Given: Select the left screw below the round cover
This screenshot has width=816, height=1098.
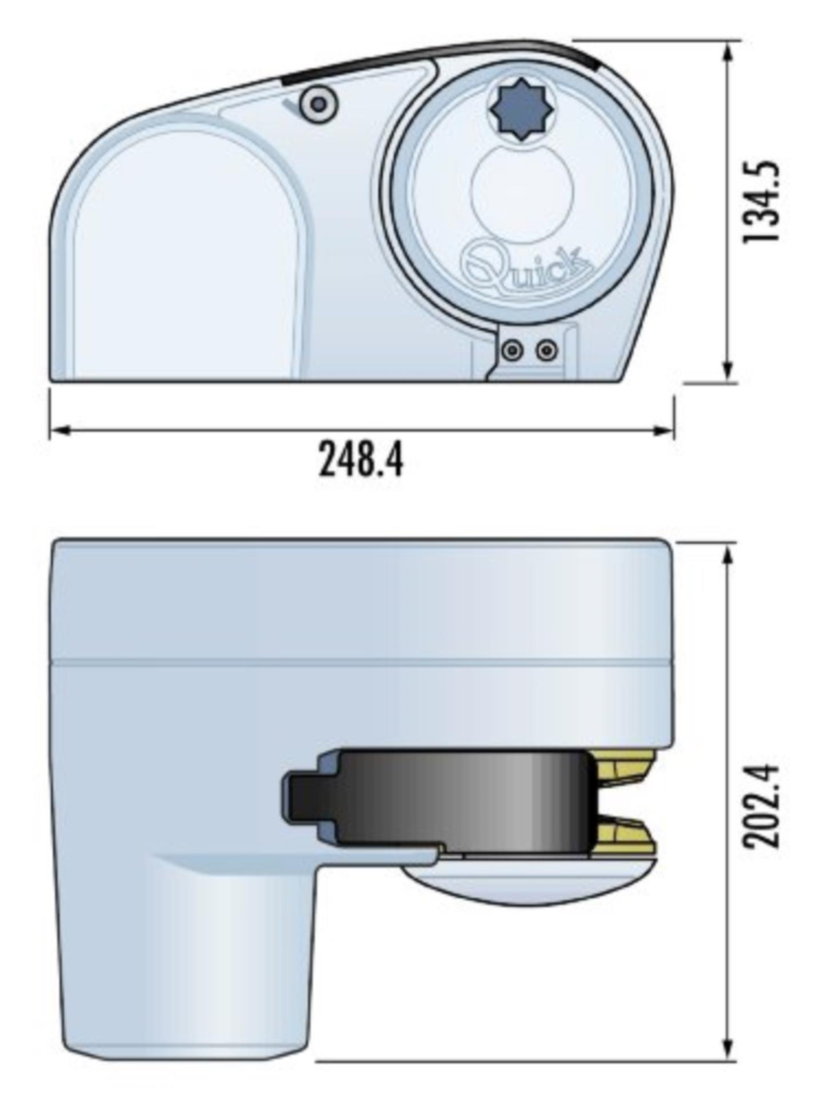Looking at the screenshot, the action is tap(513, 349).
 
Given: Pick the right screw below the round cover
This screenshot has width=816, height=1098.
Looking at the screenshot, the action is tap(547, 349).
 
